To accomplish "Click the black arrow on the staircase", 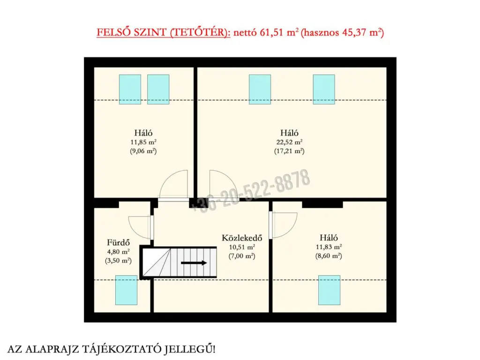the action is (x=194, y=262).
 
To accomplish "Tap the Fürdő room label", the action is (x=118, y=243).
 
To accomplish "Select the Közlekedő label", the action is (x=242, y=238).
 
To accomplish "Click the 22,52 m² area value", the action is (x=289, y=142).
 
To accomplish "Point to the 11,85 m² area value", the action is (x=143, y=142).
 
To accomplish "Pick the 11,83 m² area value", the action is (x=329, y=247).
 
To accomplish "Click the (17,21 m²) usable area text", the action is (x=289, y=151).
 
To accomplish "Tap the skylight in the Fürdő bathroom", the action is (x=126, y=290).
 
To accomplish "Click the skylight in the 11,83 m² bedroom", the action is (x=329, y=290).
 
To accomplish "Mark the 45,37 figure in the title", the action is (x=354, y=32).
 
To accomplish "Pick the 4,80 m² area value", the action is (x=118, y=252).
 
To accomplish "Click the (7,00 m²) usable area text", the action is (x=242, y=256).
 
